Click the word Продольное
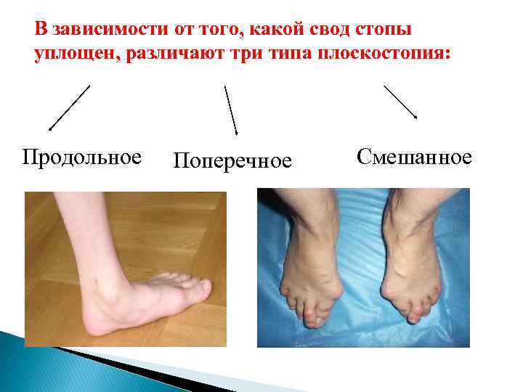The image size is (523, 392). coord(81,158)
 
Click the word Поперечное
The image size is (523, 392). coord(232,160)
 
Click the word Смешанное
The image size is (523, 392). coord(414,156)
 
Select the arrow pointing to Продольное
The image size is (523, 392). coord(69,107)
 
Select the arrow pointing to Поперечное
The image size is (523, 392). coord(231,110)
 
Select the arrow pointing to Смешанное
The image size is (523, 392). coord(400,102)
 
